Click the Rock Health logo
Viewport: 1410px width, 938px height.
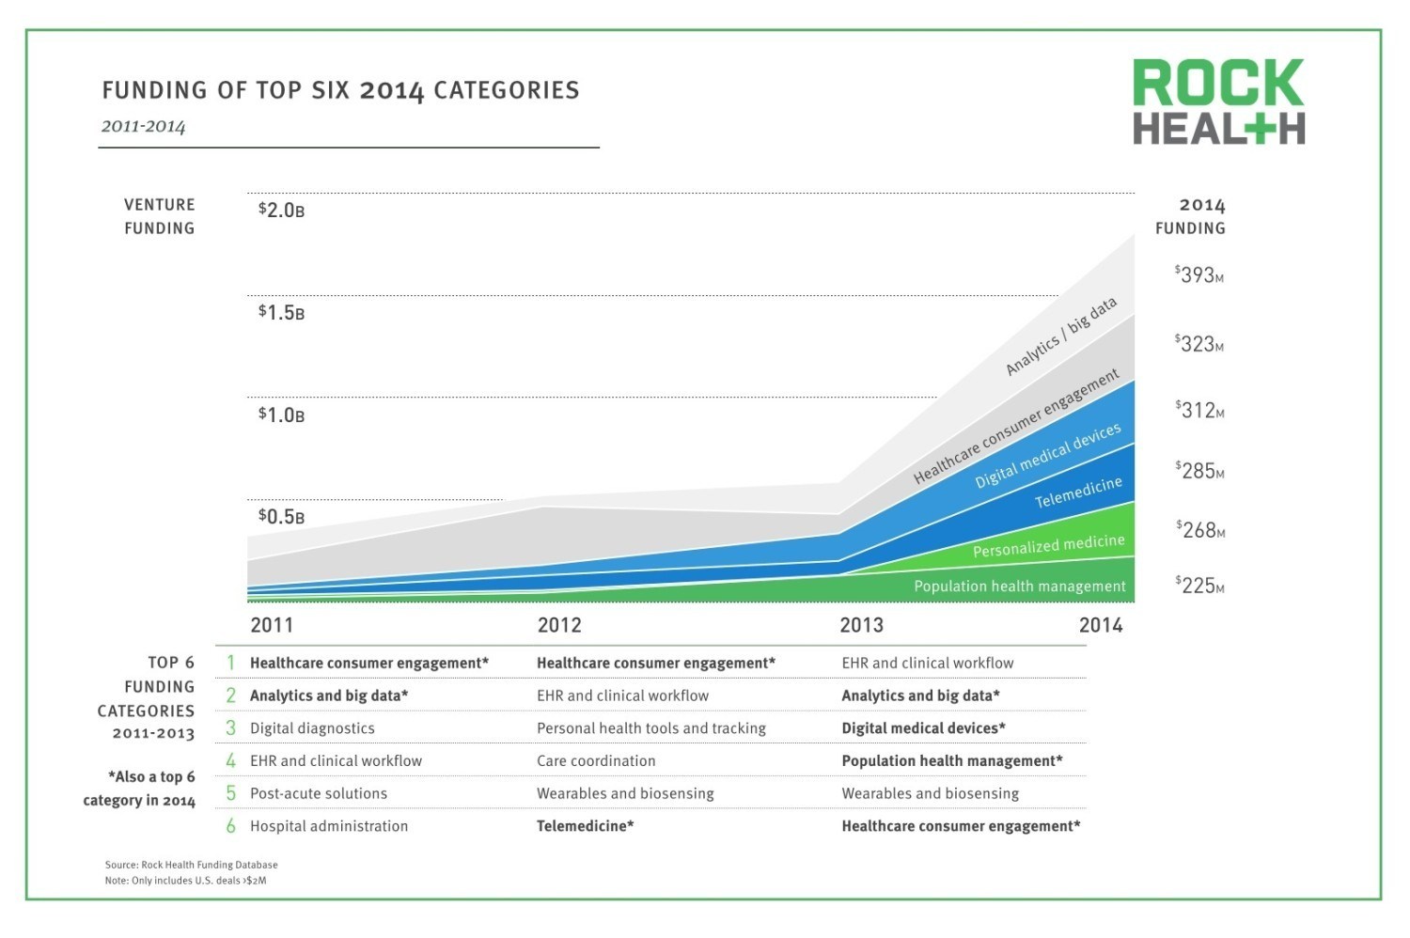click(x=1218, y=102)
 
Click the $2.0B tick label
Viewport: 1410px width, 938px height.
click(x=281, y=210)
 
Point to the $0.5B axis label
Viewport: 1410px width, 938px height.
click(x=281, y=516)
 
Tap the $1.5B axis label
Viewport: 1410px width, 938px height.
click(x=281, y=312)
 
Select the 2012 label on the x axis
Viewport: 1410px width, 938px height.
click(x=559, y=625)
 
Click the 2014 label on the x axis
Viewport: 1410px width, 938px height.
click(x=1101, y=625)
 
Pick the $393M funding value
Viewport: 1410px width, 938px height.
click(x=1198, y=275)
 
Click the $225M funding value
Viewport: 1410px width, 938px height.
click(x=1198, y=586)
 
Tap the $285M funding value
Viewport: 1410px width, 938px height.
click(x=1198, y=471)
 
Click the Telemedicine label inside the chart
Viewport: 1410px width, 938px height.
click(x=1078, y=492)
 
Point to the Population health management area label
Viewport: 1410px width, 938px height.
click(x=1019, y=586)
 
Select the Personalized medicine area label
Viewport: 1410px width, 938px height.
click(x=1048, y=546)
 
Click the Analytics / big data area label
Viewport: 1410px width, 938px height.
click(x=1061, y=336)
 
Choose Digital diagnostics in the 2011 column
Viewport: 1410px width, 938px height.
click(x=312, y=728)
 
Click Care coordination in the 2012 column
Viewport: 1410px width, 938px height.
click(x=596, y=761)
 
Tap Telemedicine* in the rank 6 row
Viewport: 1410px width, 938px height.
click(x=585, y=826)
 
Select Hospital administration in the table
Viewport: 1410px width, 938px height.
click(x=329, y=826)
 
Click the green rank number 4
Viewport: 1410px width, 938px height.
click(x=230, y=760)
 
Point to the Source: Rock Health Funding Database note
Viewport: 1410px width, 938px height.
click(x=191, y=865)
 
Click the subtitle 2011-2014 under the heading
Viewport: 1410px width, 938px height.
click(x=143, y=127)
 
